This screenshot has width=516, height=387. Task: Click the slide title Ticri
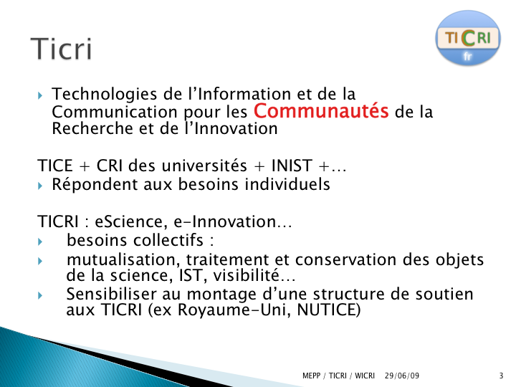click(x=61, y=49)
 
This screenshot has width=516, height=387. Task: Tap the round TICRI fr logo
click(x=468, y=37)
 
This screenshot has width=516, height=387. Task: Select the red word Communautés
click(x=321, y=111)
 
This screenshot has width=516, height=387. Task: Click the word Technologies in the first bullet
click(x=105, y=95)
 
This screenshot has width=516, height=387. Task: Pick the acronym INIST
click(x=292, y=166)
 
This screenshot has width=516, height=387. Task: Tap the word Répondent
click(x=95, y=185)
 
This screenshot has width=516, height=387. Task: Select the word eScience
click(x=129, y=221)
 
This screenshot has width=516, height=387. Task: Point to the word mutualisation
click(x=123, y=260)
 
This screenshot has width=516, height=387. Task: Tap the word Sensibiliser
click(x=111, y=294)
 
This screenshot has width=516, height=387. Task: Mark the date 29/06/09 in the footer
click(x=402, y=376)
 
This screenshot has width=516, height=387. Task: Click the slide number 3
click(x=501, y=376)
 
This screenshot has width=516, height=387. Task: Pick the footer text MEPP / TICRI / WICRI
click(x=338, y=376)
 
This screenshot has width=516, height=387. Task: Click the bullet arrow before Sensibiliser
click(x=40, y=295)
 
